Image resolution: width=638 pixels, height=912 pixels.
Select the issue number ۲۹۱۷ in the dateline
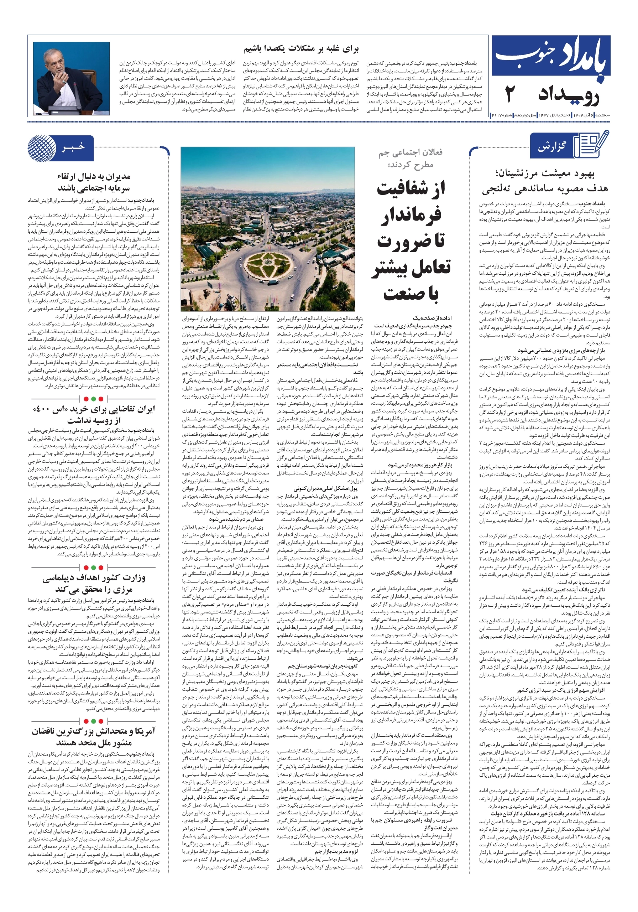click(x=498, y=115)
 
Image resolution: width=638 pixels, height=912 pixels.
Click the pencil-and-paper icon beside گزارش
click(x=592, y=145)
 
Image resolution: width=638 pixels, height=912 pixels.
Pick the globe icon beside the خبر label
click(x=42, y=147)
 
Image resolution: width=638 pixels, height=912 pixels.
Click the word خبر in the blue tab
click(x=73, y=147)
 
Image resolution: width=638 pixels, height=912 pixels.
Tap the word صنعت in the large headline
click(x=411, y=294)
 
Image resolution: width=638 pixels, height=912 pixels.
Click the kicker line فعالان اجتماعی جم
click(x=410, y=152)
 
